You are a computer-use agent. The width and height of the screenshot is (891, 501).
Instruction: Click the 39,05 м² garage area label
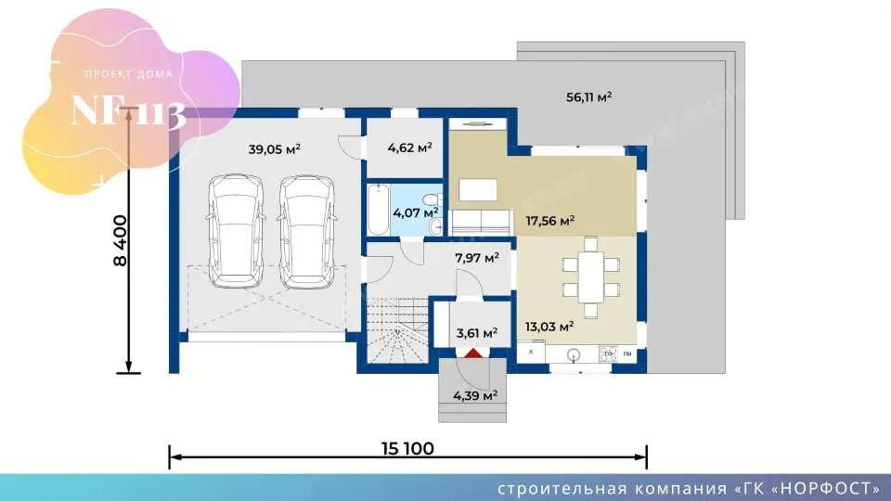tap(274, 149)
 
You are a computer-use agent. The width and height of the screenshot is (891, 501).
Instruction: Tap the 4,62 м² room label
tap(409, 148)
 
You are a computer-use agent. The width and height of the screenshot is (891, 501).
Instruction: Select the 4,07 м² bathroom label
tap(416, 213)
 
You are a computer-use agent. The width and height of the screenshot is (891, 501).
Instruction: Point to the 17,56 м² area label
tap(549, 221)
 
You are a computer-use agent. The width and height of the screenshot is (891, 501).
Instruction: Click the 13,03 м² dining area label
tap(549, 327)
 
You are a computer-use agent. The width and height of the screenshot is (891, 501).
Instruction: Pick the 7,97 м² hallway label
tap(477, 259)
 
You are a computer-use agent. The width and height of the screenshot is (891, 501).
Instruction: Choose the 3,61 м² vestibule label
tap(477, 333)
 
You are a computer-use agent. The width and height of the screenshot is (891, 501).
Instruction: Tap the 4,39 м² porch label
tap(475, 396)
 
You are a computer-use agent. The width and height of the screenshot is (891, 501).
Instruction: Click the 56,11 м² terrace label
tap(588, 97)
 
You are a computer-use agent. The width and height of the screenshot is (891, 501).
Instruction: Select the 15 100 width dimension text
tap(407, 449)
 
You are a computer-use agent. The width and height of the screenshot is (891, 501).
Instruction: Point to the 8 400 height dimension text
tap(121, 240)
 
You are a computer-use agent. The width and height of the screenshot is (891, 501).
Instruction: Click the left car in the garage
tap(236, 231)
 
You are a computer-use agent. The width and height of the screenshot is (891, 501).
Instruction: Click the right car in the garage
tap(307, 232)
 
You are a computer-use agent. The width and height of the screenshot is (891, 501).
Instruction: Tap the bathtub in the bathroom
tap(379, 210)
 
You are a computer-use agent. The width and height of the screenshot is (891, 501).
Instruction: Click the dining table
tap(591, 277)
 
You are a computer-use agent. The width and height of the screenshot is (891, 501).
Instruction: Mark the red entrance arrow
tap(473, 353)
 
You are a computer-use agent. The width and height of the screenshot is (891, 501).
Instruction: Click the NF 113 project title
tap(128, 111)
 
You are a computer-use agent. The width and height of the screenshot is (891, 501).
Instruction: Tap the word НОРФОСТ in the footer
tap(826, 489)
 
